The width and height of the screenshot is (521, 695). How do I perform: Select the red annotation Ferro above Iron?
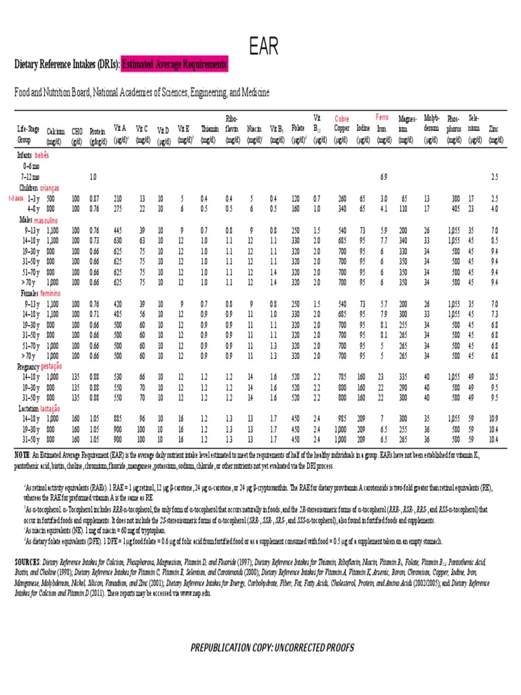382,118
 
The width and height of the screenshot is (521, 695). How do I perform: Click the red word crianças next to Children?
50,187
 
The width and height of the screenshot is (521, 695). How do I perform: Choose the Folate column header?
297,128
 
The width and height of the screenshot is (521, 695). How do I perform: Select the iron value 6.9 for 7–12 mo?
383,176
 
